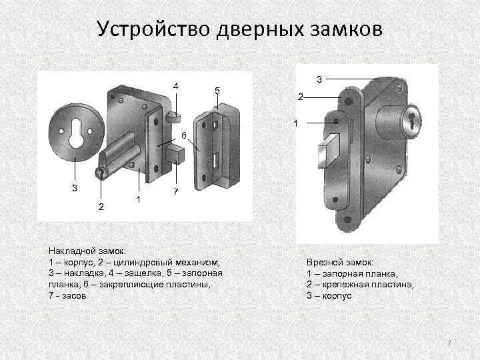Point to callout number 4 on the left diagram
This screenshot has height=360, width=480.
point(175,86)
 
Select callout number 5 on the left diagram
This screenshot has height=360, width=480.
point(217,91)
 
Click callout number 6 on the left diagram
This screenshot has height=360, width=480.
point(183,135)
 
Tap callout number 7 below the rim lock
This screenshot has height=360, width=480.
point(175,193)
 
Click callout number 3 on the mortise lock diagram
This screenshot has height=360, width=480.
point(319,79)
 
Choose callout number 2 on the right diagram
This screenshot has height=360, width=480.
point(300,98)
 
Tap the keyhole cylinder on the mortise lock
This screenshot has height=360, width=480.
point(414,120)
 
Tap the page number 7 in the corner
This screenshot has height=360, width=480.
point(449,343)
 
